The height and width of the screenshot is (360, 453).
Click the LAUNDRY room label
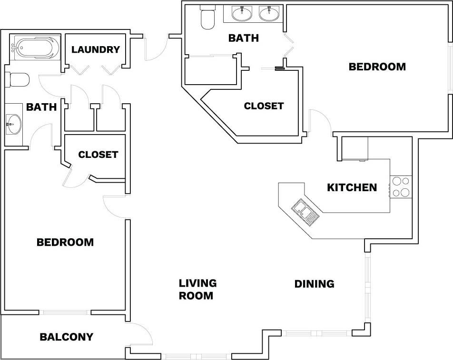coord(95,49)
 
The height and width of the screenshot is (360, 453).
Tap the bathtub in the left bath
coord(36,49)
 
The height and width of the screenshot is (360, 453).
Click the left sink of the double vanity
coord(243,13)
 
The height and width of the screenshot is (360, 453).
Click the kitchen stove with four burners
coord(401,187)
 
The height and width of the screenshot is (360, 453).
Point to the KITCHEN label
coord(352,187)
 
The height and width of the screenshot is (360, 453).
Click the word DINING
coord(314,284)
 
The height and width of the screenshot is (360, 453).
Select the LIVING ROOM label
coord(197,289)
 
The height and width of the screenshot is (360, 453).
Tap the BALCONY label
coord(66,337)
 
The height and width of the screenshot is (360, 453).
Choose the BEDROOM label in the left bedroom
coord(65,242)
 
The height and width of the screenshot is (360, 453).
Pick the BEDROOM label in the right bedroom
coord(377,67)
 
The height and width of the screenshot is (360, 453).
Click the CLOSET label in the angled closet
coord(264,106)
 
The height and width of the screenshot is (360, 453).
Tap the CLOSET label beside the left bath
coord(98,155)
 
